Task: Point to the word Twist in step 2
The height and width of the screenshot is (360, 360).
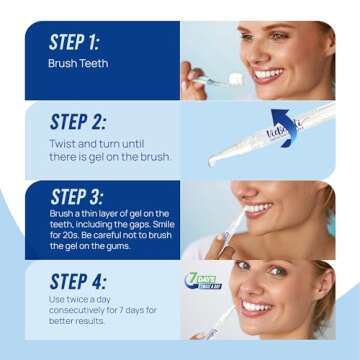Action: [62, 145]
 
